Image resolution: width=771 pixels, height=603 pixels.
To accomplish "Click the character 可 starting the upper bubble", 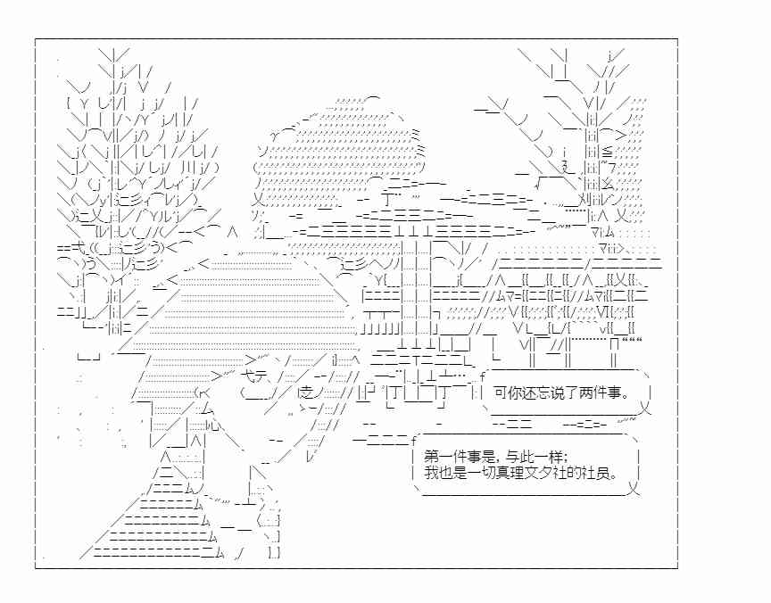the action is tap(501, 393).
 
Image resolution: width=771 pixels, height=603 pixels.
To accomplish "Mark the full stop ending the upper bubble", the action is tap(625, 397).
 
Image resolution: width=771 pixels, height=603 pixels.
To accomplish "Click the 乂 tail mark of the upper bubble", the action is tap(645, 408).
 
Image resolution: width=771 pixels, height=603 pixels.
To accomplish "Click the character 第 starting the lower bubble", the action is tap(431, 458).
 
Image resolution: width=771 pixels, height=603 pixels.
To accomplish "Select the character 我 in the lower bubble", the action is tap(431, 474).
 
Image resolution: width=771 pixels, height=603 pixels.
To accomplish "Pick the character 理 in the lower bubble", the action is tap(508, 474).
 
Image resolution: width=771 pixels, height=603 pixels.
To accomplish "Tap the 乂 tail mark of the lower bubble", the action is tap(634, 489).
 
